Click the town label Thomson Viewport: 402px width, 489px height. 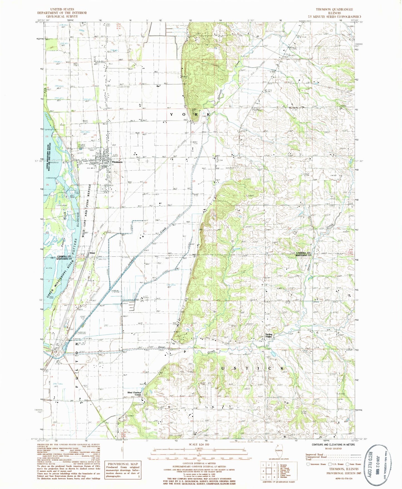coord(117,162)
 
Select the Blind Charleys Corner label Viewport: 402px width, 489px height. coord(134,394)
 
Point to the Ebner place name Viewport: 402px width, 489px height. coord(92,253)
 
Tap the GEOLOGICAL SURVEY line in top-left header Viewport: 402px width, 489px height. coord(62,16)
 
